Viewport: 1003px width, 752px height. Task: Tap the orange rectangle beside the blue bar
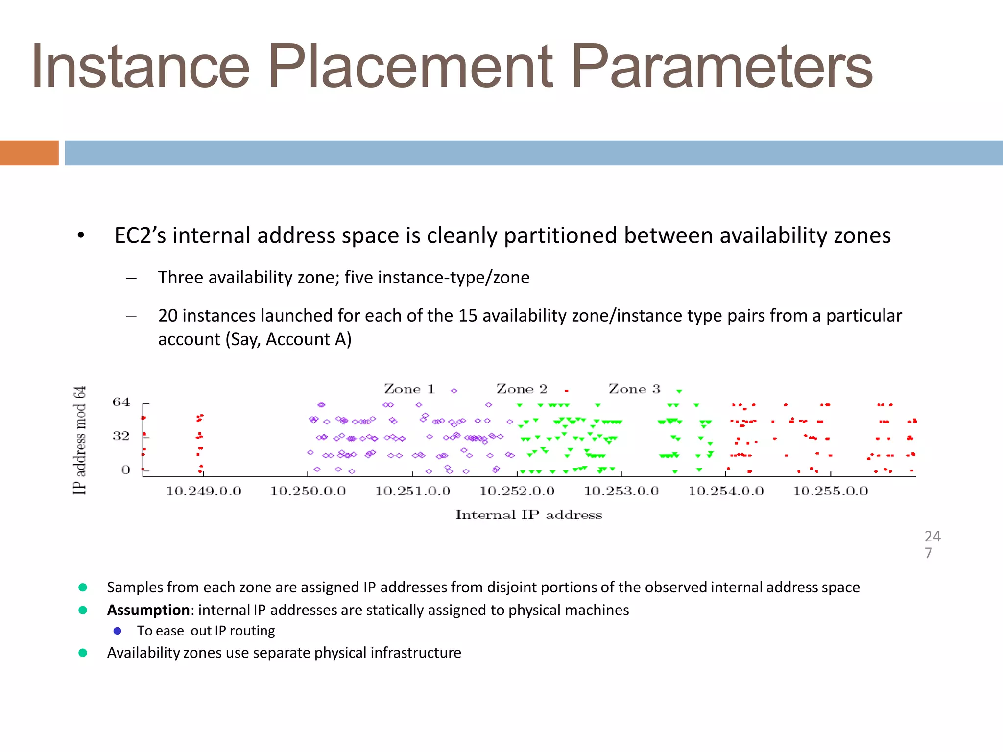(x=29, y=153)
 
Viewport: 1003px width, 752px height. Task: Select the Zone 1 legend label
(x=409, y=389)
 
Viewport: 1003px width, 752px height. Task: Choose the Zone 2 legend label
(x=522, y=389)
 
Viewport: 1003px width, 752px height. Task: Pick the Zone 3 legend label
(x=634, y=389)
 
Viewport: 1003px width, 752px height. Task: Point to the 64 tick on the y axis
(x=121, y=402)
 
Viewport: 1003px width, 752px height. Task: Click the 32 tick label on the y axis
(x=121, y=436)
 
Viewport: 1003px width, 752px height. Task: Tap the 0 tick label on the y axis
(x=126, y=470)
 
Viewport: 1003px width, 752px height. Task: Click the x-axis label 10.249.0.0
(x=204, y=492)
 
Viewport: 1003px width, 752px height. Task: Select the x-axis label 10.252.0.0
(x=517, y=492)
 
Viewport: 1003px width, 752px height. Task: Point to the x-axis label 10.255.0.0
(x=831, y=492)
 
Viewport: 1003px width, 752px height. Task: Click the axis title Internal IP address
(x=529, y=515)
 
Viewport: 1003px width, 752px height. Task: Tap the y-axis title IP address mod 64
(x=80, y=440)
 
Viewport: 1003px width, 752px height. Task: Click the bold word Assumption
(x=148, y=610)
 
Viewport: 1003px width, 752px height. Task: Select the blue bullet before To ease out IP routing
(x=118, y=631)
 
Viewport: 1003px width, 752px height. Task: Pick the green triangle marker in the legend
(x=679, y=391)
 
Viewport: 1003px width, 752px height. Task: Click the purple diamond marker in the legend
(x=454, y=391)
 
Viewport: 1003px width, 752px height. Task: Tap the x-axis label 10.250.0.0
(x=308, y=492)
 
